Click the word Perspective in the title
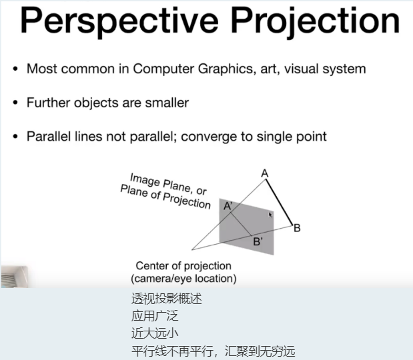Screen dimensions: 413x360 [119, 21]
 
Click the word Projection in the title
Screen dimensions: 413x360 [316, 21]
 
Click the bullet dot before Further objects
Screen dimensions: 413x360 [15, 103]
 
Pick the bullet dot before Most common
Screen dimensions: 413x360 [15, 69]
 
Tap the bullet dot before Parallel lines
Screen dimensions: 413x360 [15, 137]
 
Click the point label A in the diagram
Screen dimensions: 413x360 [265, 173]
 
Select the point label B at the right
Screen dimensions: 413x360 [297, 228]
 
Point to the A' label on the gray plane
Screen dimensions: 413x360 [228, 206]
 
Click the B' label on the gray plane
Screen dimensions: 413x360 [258, 241]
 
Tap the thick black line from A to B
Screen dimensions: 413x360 [279, 203]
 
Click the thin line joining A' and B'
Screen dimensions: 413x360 [242, 224]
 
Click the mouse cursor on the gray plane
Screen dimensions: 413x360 [270, 215]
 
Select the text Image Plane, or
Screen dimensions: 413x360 [169, 184]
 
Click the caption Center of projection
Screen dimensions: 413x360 [183, 266]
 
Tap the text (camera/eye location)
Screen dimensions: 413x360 [183, 279]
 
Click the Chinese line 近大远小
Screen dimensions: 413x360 [155, 333]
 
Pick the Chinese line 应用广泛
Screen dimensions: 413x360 [155, 316]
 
